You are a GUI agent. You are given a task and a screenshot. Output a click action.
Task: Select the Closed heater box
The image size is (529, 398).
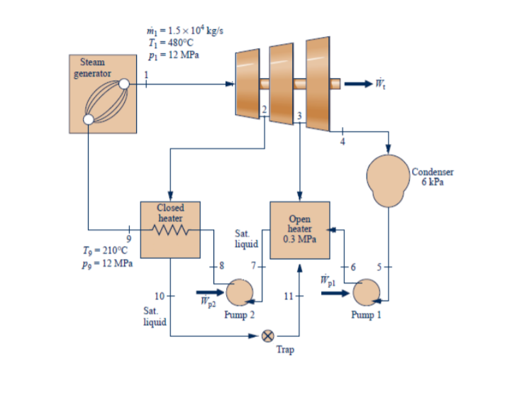click(x=170, y=228)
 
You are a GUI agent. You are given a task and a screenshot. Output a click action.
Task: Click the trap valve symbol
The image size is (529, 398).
click(x=269, y=336)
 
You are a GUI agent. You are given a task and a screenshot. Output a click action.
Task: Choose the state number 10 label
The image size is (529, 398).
click(x=159, y=295)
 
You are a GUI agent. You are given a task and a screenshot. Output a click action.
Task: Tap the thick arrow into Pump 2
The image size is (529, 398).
click(x=210, y=292)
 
